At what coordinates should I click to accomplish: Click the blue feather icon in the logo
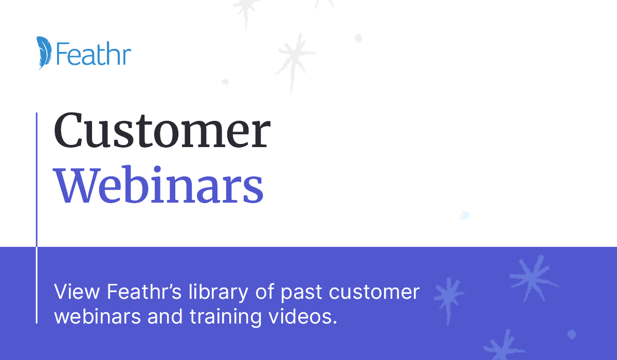44,52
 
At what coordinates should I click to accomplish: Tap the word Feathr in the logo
94,53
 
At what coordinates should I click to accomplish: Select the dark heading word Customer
162,130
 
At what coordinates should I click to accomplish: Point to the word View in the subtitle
77,292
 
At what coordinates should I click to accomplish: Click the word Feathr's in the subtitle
144,291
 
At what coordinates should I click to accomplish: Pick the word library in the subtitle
219,292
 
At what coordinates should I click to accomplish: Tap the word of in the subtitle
265,291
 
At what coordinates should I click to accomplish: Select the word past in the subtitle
301,293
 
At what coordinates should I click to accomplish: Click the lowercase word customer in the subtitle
374,292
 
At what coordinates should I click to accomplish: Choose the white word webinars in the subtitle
98,316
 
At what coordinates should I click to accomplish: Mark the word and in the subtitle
165,316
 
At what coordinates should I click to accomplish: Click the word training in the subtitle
226,317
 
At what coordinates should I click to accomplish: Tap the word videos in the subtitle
303,316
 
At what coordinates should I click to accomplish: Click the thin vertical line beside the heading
37,218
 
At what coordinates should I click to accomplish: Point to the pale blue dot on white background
465,215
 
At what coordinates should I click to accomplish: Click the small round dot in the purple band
572,334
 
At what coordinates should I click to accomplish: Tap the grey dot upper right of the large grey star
358,38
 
